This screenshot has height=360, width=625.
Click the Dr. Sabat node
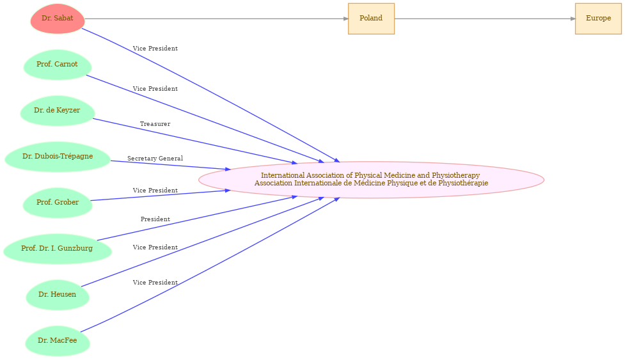pyautogui.click(x=58, y=19)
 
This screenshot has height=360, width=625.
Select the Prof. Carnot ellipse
pyautogui.click(x=58, y=65)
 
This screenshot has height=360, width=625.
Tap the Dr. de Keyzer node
pyautogui.click(x=58, y=111)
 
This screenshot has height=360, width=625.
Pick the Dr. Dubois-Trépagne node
pyautogui.click(x=58, y=157)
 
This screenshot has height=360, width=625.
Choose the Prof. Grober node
pyautogui.click(x=58, y=203)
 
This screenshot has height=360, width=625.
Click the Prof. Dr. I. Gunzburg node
pyautogui.click(x=58, y=249)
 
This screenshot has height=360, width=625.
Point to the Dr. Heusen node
pyautogui.click(x=58, y=295)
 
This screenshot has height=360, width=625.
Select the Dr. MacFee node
pyautogui.click(x=58, y=341)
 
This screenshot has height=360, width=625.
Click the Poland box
pyautogui.click(x=371, y=19)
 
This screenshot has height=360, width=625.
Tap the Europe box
pyautogui.click(x=598, y=19)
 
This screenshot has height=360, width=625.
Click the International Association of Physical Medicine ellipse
pyautogui.click(x=371, y=180)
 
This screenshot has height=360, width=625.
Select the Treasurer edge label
pyautogui.click(x=155, y=124)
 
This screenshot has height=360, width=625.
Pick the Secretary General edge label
pyautogui.click(x=155, y=159)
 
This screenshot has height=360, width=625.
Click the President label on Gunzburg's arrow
pyautogui.click(x=155, y=219)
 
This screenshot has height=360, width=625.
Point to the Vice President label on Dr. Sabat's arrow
pyautogui.click(x=155, y=49)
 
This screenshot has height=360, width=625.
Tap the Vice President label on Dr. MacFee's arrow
pyautogui.click(x=155, y=283)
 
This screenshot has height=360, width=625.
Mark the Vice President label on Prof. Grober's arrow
pyautogui.click(x=155, y=191)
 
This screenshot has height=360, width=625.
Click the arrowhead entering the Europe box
pyautogui.click(x=573, y=19)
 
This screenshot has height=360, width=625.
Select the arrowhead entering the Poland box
pyautogui.click(x=345, y=19)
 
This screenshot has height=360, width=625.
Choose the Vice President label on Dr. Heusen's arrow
pyautogui.click(x=155, y=247)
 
